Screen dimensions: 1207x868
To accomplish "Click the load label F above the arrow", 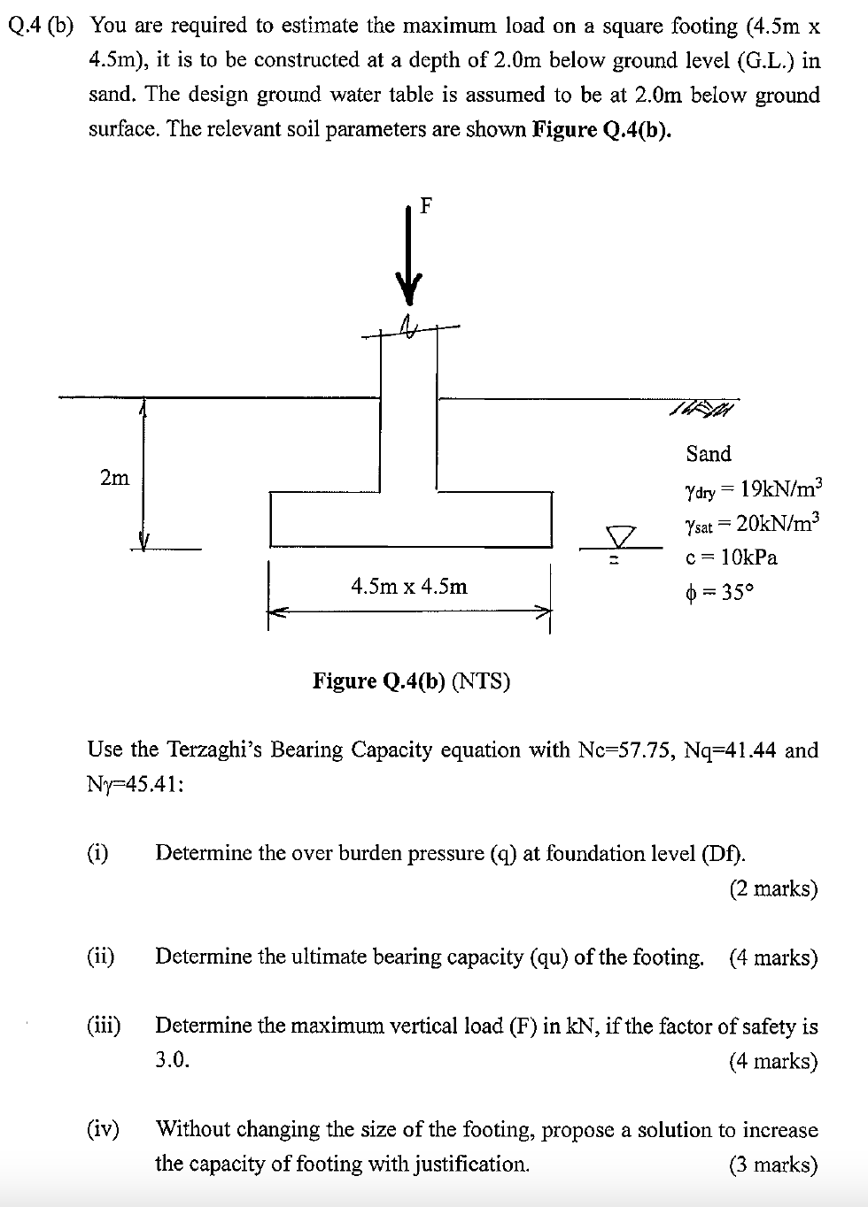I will coord(426,206).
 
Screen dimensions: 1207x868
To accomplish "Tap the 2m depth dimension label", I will coord(114,479).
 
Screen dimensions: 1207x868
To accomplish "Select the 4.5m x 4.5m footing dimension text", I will coord(409,586).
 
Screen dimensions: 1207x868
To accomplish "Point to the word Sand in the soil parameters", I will coord(709,454).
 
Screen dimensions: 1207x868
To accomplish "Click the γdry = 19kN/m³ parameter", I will coord(754,488).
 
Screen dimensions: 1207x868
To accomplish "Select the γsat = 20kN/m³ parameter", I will coord(754,523).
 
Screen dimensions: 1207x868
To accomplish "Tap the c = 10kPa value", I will coord(732,557).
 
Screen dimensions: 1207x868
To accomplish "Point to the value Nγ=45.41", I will coord(136,785).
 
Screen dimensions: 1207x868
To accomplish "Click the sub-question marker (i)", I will coord(97,853).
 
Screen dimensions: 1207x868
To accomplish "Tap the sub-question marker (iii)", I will coord(104,1026).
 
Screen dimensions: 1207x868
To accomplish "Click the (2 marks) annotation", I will coord(773,888).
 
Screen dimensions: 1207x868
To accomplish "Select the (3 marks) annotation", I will coord(773,1165).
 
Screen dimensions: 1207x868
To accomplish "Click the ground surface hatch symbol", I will coord(704,408).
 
